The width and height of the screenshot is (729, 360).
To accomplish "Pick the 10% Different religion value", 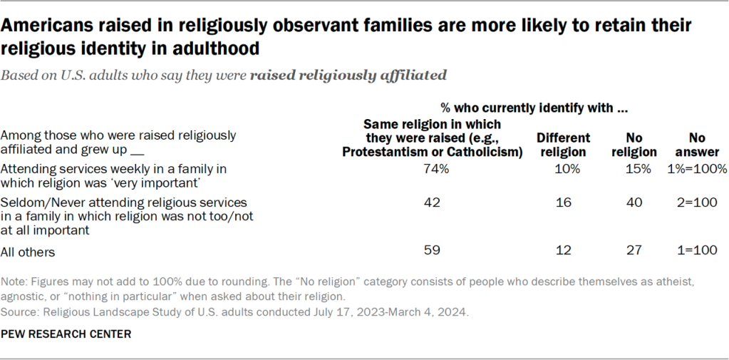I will [562, 170].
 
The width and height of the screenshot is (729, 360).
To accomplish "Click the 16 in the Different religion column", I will [562, 202].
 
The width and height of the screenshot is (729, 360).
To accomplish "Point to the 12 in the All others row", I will [562, 251].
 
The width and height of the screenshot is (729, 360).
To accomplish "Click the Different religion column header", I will [563, 145].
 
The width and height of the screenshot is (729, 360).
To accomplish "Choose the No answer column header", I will [703, 145].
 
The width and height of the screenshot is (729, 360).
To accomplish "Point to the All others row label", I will [27, 252].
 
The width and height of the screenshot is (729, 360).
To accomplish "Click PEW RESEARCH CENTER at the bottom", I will [63, 333].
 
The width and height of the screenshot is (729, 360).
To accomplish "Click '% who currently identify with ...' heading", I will [534, 108].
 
